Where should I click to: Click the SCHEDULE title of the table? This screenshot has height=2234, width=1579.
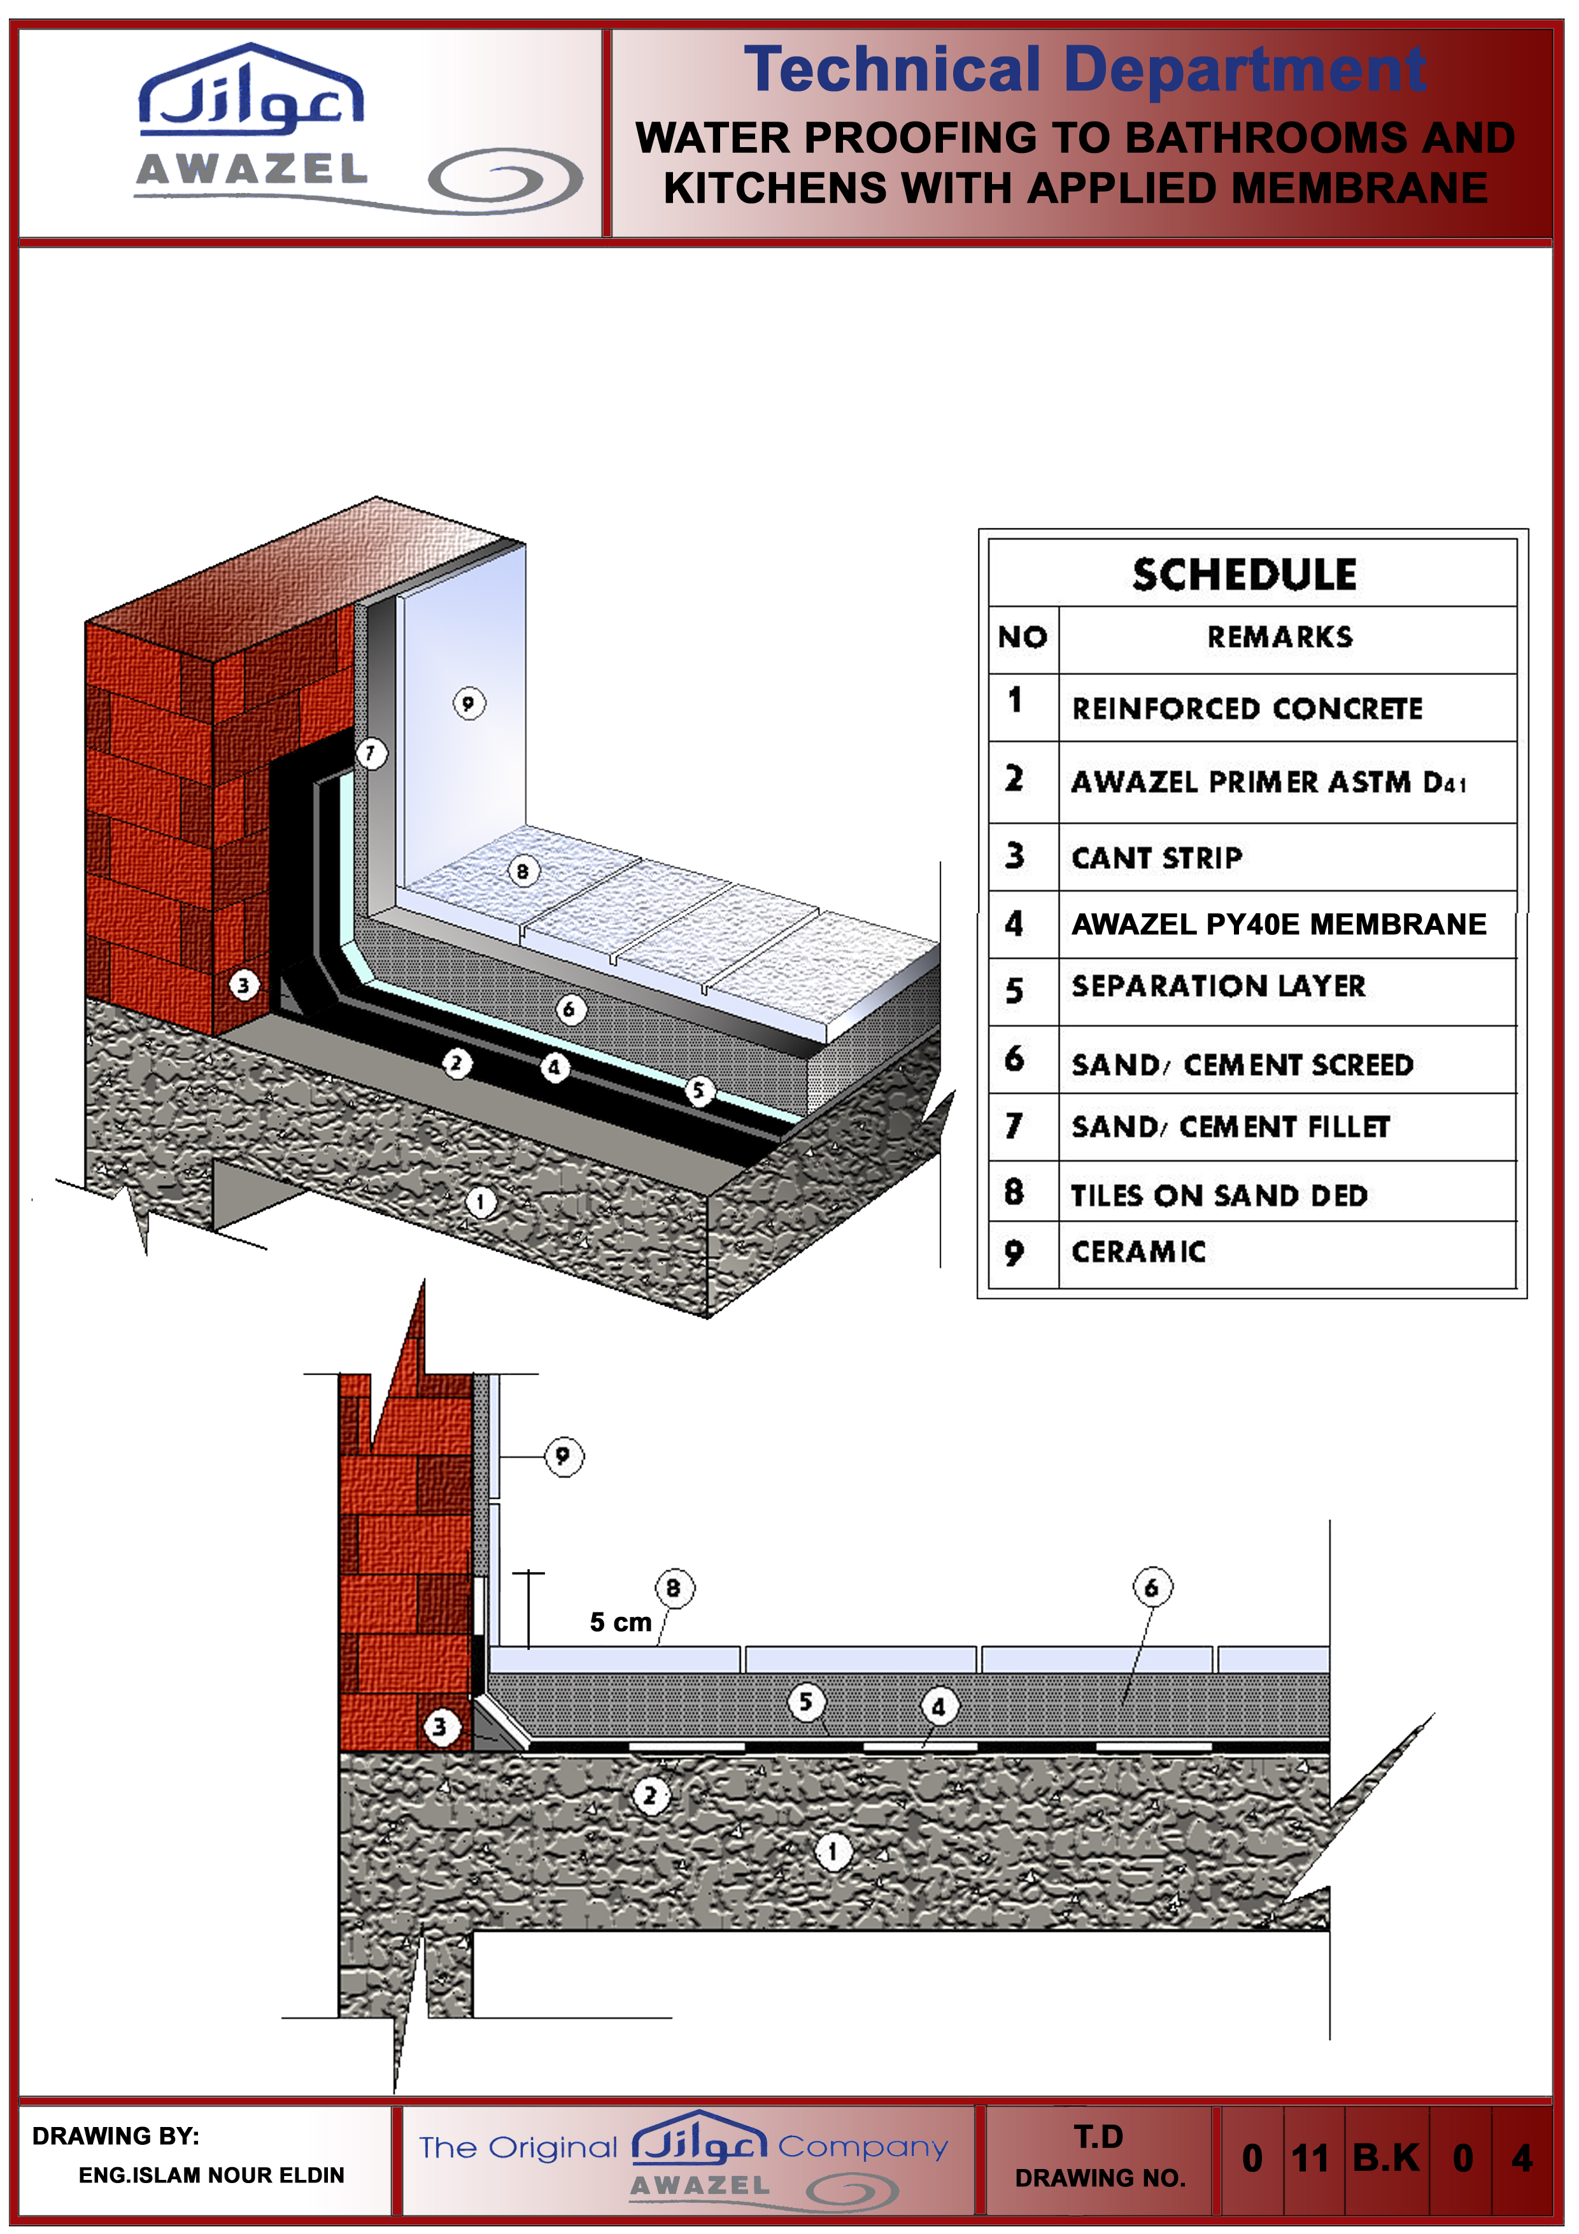click(x=1243, y=574)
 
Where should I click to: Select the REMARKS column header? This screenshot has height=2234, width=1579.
click(x=1279, y=637)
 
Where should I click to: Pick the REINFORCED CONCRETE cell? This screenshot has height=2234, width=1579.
click(x=1246, y=708)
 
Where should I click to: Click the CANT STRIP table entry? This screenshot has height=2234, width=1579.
click(x=1157, y=857)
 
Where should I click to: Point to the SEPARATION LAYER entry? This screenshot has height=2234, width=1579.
click(x=1218, y=986)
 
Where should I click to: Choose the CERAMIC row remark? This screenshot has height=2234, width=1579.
click(x=1138, y=1251)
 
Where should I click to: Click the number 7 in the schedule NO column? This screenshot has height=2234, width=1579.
click(x=1014, y=1126)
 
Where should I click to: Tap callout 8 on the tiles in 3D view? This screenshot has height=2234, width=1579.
click(x=523, y=871)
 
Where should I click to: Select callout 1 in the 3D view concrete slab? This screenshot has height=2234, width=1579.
click(x=479, y=1202)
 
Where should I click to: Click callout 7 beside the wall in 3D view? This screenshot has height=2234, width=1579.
click(x=371, y=752)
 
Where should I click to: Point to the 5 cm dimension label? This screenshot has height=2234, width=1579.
click(x=620, y=1622)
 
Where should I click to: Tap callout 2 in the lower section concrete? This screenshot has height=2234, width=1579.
click(x=650, y=1795)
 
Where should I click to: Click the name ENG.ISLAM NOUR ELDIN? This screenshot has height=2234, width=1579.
click(x=211, y=2175)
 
